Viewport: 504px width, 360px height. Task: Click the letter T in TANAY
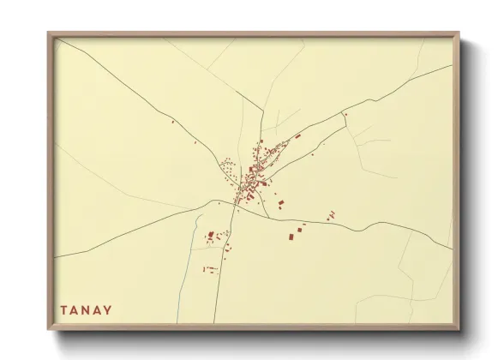tap(64, 309)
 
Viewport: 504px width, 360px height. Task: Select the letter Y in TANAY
tap(109, 309)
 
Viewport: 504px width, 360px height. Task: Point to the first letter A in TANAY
tap(76, 309)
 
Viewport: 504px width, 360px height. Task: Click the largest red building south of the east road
tap(291, 235)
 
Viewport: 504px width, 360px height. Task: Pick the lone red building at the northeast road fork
tap(345, 113)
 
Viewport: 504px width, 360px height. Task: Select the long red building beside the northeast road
tap(297, 136)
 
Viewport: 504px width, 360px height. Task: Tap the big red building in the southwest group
tap(210, 233)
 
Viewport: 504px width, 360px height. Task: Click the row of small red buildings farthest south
tap(210, 269)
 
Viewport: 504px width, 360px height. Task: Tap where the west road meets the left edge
tap(56, 255)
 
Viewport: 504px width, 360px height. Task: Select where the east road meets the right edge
tap(452, 249)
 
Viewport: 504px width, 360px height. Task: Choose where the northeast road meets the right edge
tap(452, 66)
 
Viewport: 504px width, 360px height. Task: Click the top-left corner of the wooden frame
tap(49, 33)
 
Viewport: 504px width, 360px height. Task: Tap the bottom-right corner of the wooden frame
tap(459, 329)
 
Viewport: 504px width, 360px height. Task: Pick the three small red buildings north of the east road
tap(331, 213)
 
